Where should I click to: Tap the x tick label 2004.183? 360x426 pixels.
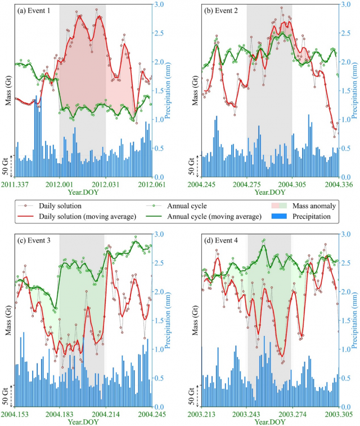point(60,415)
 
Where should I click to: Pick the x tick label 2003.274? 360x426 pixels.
point(291,415)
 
